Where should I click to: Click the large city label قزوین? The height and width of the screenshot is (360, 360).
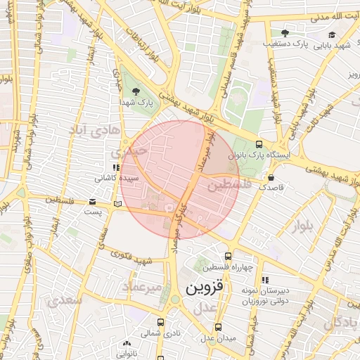coord(205,288)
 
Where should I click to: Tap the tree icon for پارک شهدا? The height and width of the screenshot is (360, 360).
coord(135,91)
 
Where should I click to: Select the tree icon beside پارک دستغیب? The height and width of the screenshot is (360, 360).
coord(285,33)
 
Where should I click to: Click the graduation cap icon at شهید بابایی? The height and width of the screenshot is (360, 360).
coord(331,34)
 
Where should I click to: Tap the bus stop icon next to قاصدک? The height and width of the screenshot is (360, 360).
coord(271,177)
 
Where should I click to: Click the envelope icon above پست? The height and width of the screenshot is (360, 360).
coord(93,202)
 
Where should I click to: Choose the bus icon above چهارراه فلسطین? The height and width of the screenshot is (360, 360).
coord(227,257)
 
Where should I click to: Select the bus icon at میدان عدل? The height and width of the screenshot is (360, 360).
coord(219,327)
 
